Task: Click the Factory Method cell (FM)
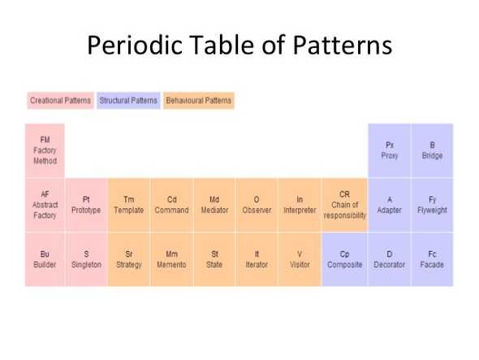[45, 150]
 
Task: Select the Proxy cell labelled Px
[390, 150]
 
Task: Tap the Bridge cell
[432, 150]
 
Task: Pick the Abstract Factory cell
[45, 205]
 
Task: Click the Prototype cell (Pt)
[86, 205]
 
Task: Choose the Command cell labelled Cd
[171, 205]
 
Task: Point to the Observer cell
[257, 205]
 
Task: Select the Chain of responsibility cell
[344, 205]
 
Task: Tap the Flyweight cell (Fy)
[432, 205]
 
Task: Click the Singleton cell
[86, 259]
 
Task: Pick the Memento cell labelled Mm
[171, 259]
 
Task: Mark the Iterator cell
[257, 259]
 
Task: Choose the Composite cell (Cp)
[344, 259]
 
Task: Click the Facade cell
[432, 259]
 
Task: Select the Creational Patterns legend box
[60, 101]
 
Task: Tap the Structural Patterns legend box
[128, 101]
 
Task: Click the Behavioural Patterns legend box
[198, 101]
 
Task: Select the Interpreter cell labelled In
[300, 205]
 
